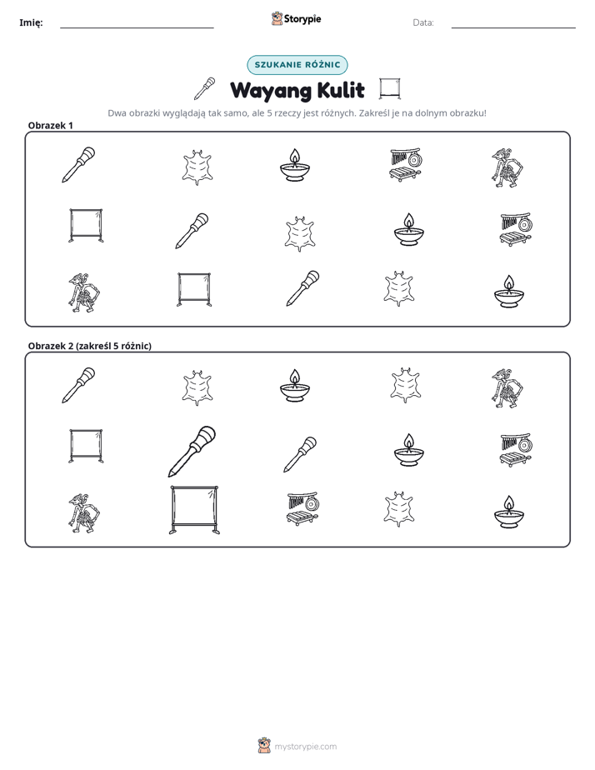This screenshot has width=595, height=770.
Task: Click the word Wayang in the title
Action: click(x=271, y=91)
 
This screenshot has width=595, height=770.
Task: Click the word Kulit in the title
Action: click(x=341, y=90)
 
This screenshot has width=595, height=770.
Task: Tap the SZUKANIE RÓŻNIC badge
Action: click(x=297, y=65)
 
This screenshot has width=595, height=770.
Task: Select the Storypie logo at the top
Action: click(x=296, y=18)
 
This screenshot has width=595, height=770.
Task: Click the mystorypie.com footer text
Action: click(x=305, y=747)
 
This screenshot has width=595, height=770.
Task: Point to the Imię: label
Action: click(x=31, y=22)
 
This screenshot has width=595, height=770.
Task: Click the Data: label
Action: click(x=423, y=22)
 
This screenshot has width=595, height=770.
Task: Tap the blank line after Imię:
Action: click(x=137, y=27)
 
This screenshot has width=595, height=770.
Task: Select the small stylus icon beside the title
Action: click(x=205, y=88)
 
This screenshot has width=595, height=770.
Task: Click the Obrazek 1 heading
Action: click(x=51, y=125)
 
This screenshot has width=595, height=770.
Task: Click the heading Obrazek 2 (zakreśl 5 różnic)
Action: click(x=90, y=346)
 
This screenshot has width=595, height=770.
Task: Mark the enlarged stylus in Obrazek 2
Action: click(x=192, y=451)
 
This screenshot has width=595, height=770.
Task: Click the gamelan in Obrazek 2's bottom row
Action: click(x=302, y=508)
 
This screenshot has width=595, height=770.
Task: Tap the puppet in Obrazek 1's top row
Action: click(x=507, y=167)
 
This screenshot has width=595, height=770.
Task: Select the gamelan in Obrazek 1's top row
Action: click(x=406, y=164)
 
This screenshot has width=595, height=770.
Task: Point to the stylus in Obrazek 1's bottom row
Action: click(x=302, y=288)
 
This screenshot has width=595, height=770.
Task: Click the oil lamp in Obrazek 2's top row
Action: click(x=294, y=385)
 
